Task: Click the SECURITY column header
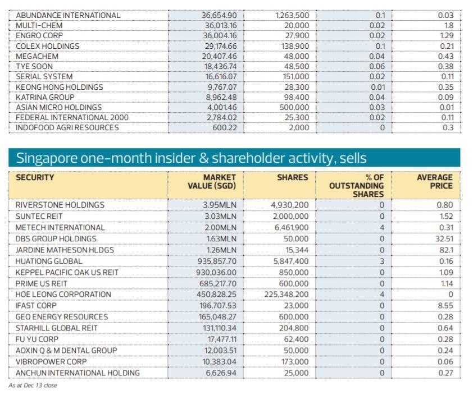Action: (x=35, y=177)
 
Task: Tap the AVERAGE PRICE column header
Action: (x=434, y=181)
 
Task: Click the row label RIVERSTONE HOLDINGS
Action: (x=60, y=205)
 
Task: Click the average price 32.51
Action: (x=442, y=239)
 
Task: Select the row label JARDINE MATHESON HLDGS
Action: (x=65, y=250)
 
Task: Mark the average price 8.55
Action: (x=444, y=306)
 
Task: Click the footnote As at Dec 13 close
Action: (x=33, y=385)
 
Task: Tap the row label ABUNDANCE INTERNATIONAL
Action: (x=68, y=16)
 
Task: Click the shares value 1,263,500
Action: (x=290, y=16)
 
